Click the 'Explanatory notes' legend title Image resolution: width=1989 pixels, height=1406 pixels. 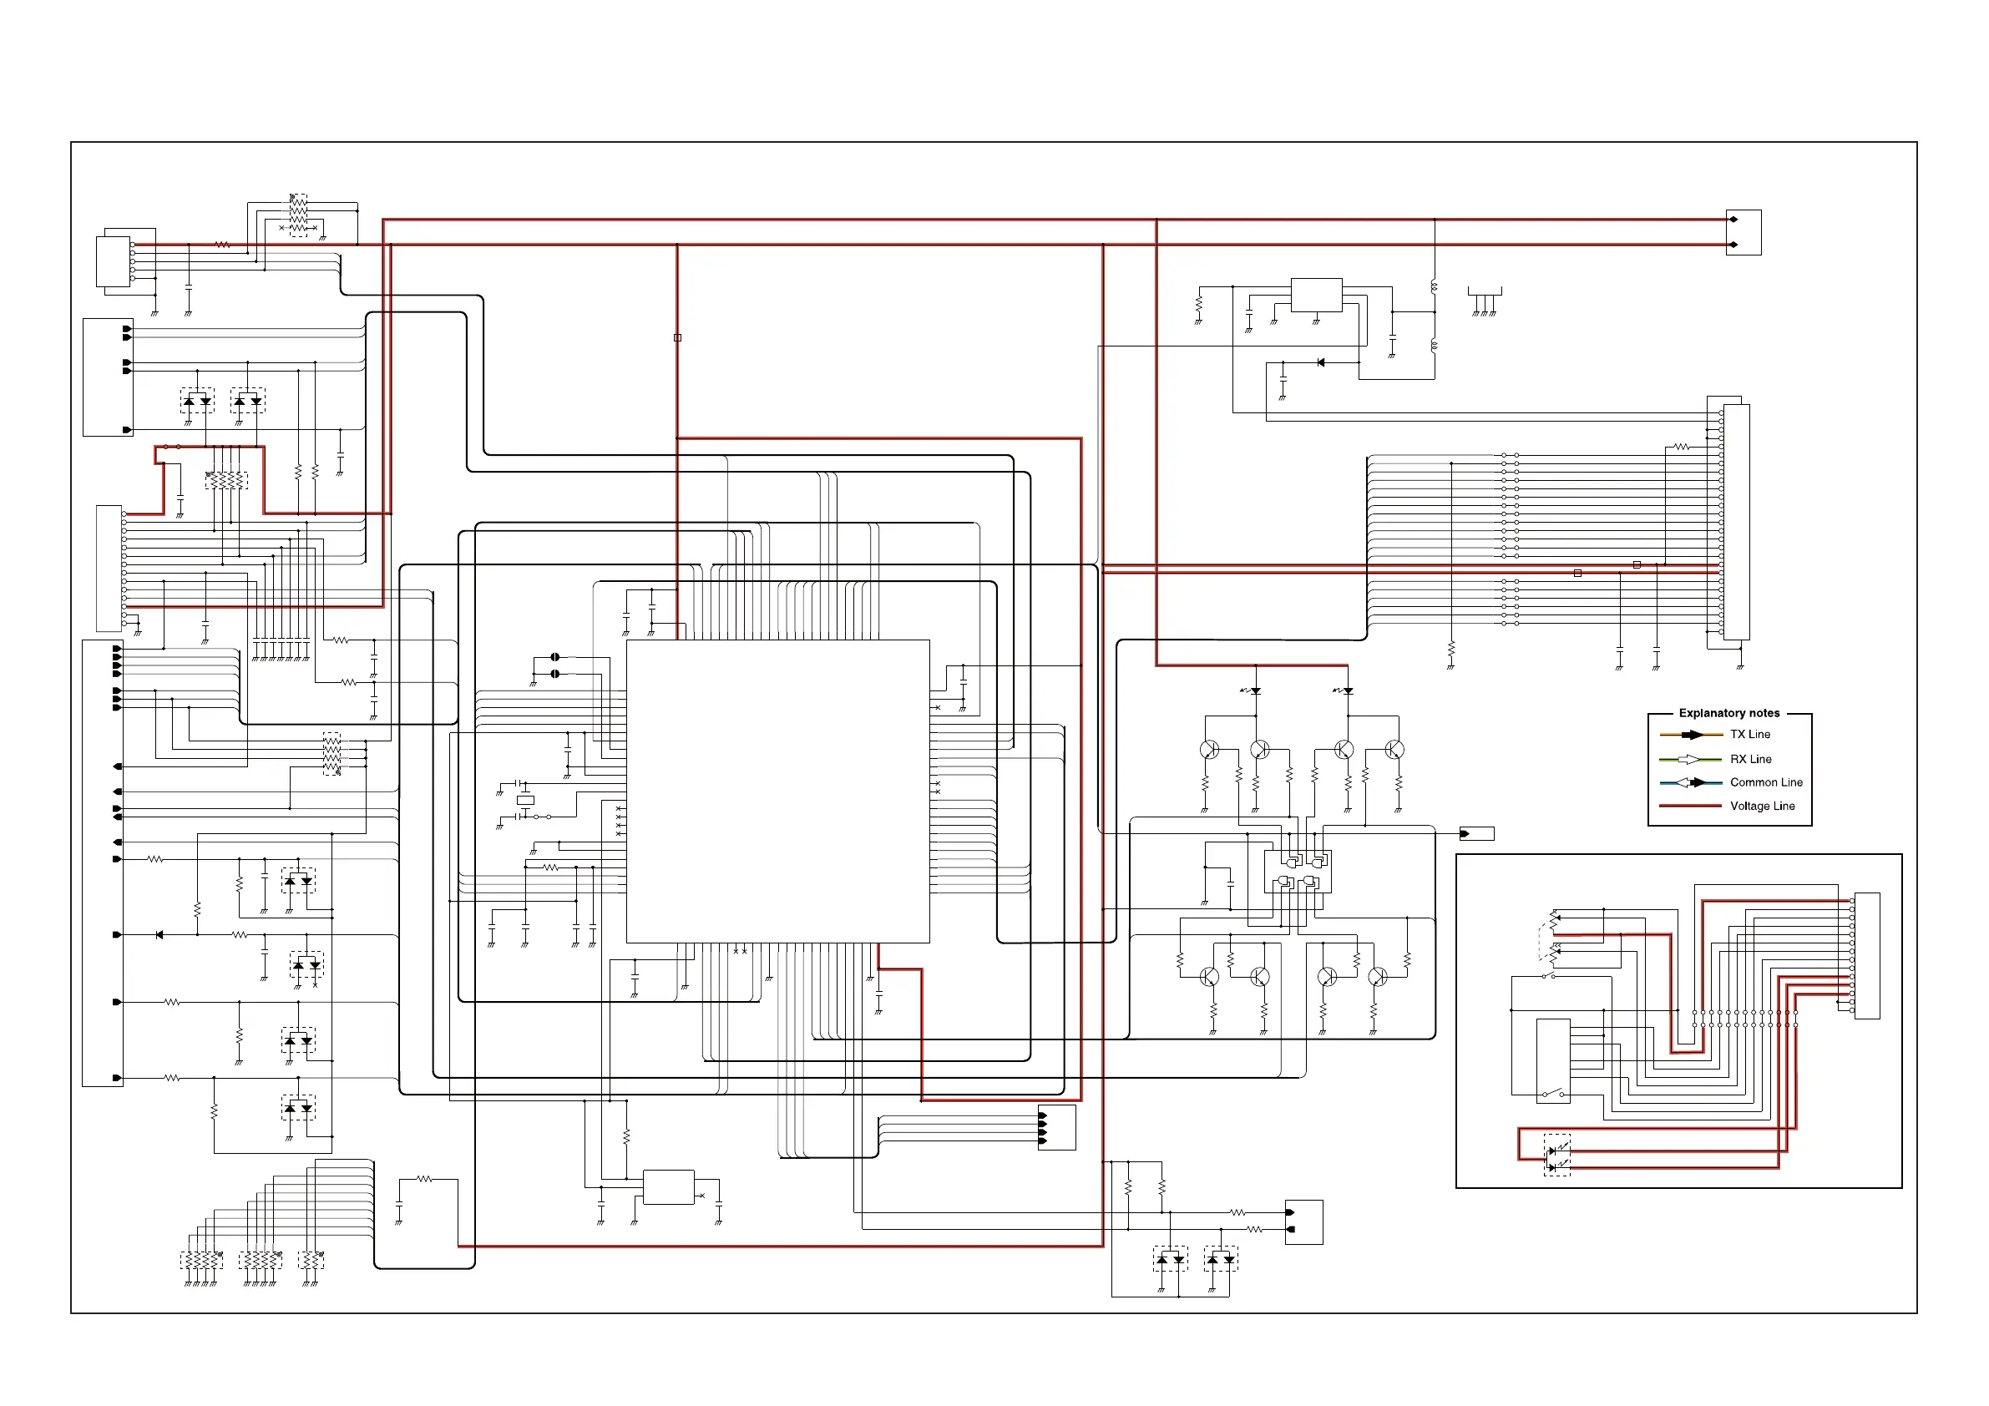(x=1728, y=713)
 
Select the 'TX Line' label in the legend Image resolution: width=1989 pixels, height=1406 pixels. (x=1750, y=735)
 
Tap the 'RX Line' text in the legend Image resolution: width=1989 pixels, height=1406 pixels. (x=1750, y=760)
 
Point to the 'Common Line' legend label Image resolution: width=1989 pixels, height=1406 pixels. (x=1765, y=782)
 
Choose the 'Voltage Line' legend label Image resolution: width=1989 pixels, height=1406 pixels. (x=1762, y=807)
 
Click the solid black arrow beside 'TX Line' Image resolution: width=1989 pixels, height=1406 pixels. (x=1691, y=736)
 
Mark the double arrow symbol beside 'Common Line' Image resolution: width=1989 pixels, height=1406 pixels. (x=1690, y=783)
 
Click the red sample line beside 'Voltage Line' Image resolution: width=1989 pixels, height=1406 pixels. (x=1689, y=807)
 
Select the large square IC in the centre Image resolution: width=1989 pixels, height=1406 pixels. (x=777, y=791)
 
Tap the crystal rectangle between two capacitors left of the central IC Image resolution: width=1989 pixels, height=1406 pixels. (x=525, y=800)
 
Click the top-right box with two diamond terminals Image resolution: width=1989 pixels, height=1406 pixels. (x=1743, y=232)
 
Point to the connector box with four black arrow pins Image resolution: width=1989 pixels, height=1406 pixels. (x=1056, y=1128)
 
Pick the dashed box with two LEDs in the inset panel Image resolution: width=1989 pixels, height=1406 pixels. (x=1556, y=1155)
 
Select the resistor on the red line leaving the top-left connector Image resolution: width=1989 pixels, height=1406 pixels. (x=223, y=245)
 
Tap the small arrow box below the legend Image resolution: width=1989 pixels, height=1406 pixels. (x=1476, y=834)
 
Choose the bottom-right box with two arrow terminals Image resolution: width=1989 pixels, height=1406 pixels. (x=1303, y=1221)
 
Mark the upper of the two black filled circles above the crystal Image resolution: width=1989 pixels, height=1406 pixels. (x=555, y=658)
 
